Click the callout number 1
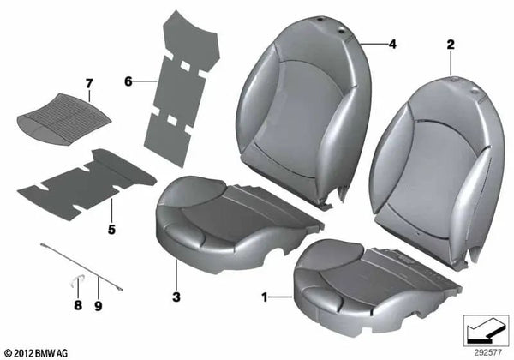264,297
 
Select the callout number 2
451,45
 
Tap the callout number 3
176,297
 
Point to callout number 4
392,44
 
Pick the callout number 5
111,230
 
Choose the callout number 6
128,81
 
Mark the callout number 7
89,84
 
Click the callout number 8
78,305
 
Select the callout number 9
99,306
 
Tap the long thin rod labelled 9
81,267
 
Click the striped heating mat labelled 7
63,116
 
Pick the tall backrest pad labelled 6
182,88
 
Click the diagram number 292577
487,353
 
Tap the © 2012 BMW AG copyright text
37,353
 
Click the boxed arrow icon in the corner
486,330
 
